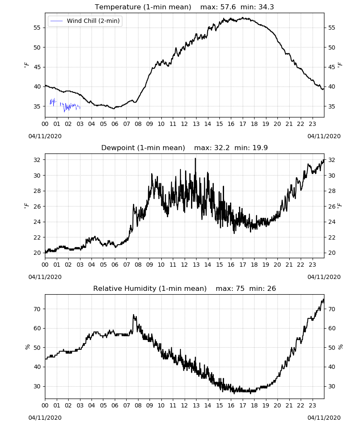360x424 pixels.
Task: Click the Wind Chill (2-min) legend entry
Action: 85,21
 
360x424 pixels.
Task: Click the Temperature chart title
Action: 143,7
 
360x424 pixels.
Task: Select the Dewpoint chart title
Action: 143,148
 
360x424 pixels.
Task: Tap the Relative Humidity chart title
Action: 150,288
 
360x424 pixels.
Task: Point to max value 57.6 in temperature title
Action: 228,7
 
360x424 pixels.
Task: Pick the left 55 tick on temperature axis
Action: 37,28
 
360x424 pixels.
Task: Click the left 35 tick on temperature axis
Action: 37,106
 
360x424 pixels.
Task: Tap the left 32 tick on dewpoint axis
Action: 37,160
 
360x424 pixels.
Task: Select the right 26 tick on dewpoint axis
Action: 332,206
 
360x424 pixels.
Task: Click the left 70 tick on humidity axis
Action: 37,309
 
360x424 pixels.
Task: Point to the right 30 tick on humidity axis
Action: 332,386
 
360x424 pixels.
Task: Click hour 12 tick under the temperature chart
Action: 185,124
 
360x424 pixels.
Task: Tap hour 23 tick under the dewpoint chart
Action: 312,265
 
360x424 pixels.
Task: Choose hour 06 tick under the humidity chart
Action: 115,405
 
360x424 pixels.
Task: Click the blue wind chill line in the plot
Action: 65,106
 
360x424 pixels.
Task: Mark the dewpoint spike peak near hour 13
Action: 195,159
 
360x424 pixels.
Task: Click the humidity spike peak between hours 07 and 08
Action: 133,315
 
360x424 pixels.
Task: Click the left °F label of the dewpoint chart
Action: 26,206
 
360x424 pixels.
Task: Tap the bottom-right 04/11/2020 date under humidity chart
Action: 324,418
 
